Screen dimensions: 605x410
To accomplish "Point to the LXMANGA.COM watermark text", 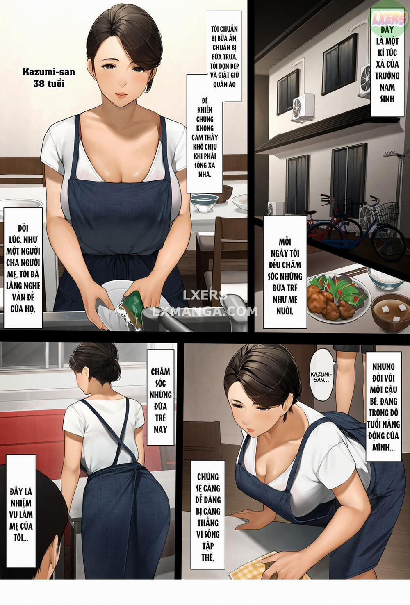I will click(205, 311).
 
